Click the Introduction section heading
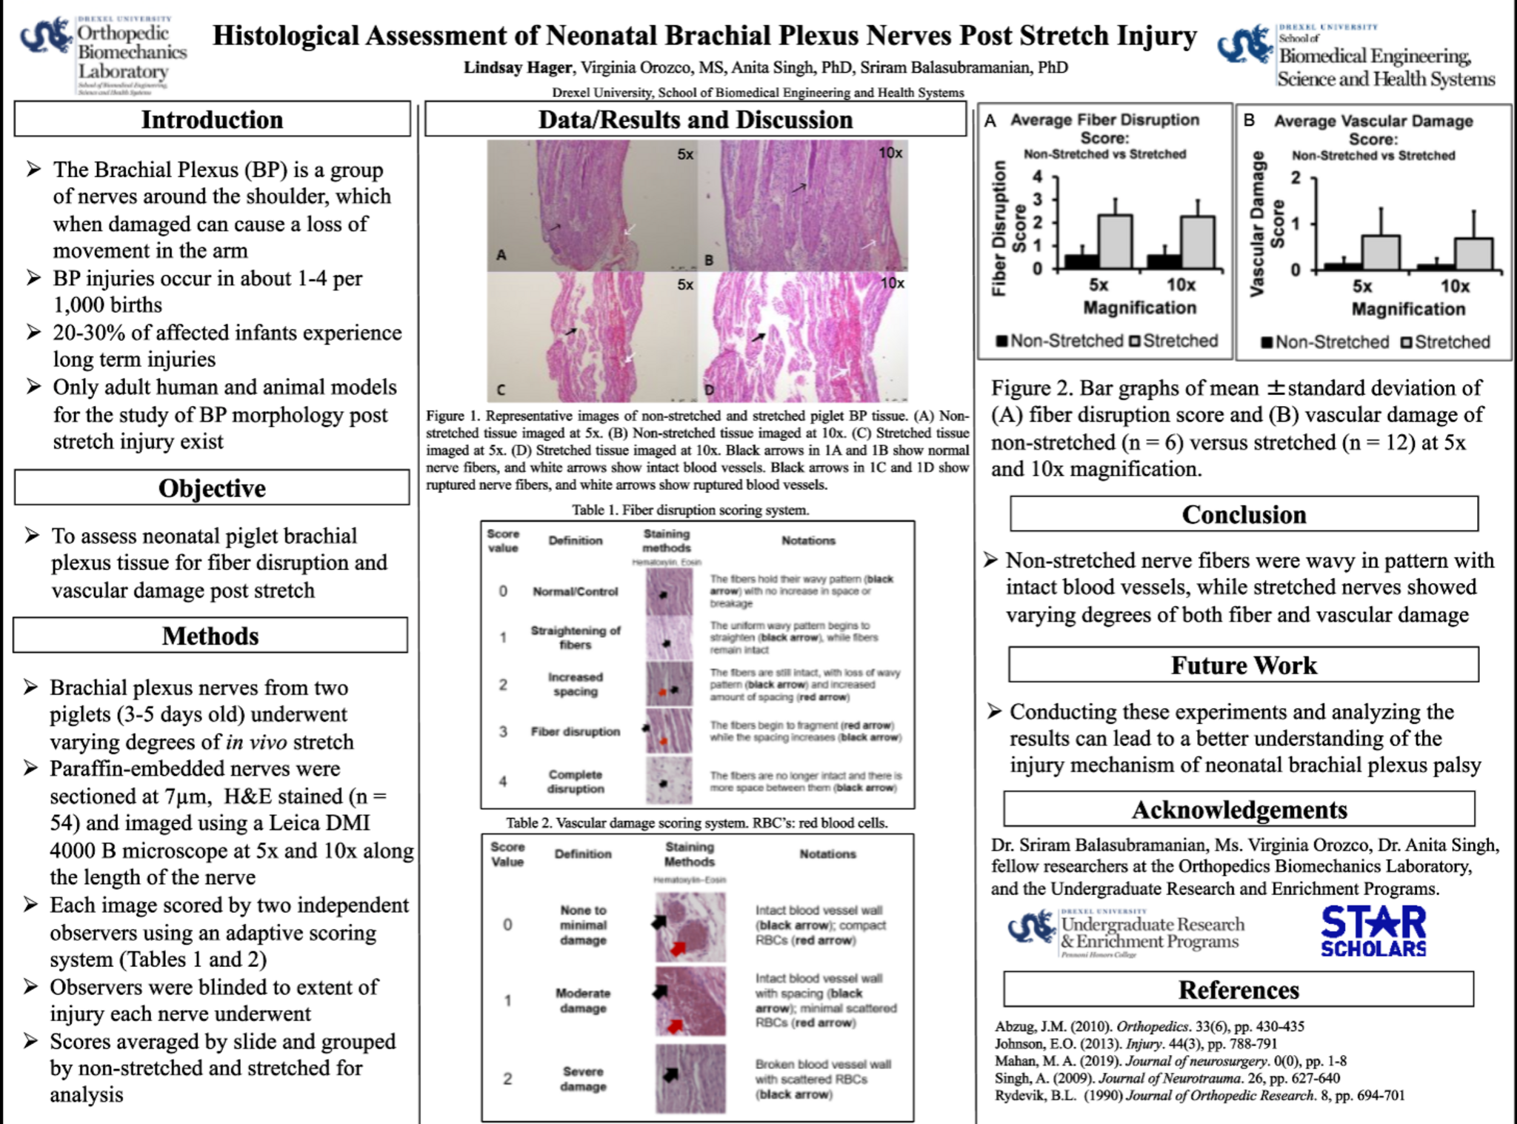(x=212, y=119)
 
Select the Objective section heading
(x=212, y=488)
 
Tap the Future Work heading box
(x=1243, y=665)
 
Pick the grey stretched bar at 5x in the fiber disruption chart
(x=1115, y=242)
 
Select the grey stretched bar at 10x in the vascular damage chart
(x=1473, y=254)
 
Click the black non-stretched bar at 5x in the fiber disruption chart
(x=1081, y=261)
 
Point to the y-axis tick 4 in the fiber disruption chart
(x=1037, y=176)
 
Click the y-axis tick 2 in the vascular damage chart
(x=1296, y=178)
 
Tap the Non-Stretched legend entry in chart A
(x=1060, y=341)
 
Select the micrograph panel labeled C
(x=592, y=336)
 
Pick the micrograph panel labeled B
(x=803, y=205)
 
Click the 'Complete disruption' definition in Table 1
(x=576, y=781)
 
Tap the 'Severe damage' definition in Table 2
(x=583, y=1079)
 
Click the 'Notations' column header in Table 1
(x=808, y=541)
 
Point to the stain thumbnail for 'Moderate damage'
(x=690, y=1001)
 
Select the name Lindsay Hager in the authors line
(x=518, y=68)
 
